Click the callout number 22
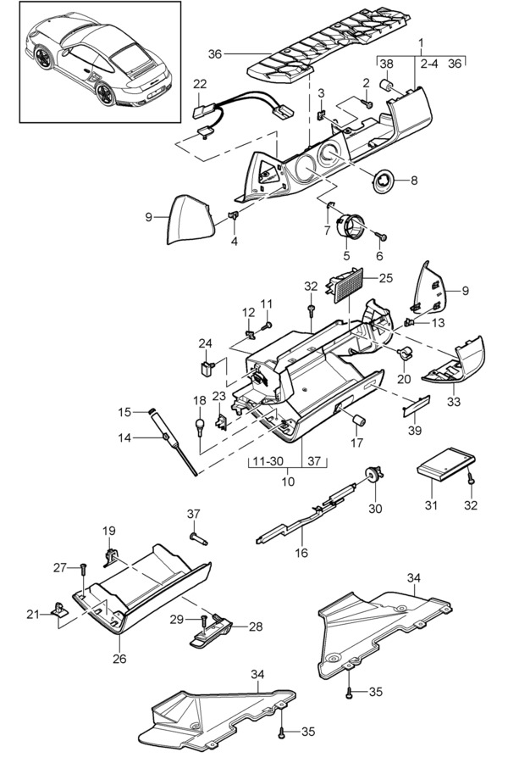tap(200, 84)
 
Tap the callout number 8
tap(414, 181)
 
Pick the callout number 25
tap(386, 278)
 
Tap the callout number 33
tap(455, 402)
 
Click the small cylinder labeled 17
tap(359, 420)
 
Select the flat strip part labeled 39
tap(417, 405)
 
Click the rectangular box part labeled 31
tap(446, 465)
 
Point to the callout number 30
tap(375, 509)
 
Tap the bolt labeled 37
tap(198, 538)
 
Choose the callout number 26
tap(119, 659)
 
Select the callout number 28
tap(256, 627)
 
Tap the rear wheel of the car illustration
tap(106, 94)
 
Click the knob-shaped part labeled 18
tap(200, 426)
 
